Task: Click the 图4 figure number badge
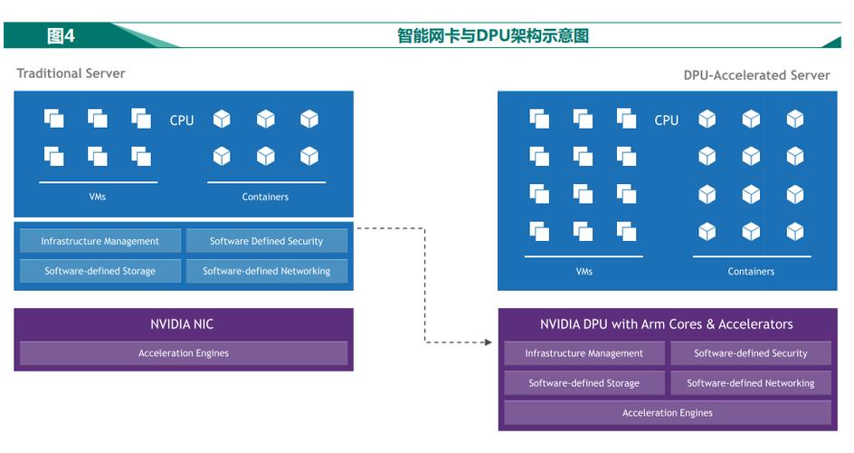pyautogui.click(x=62, y=35)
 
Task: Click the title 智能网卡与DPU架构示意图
pyautogui.click(x=493, y=35)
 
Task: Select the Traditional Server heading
pyautogui.click(x=71, y=73)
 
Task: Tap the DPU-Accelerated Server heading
pyautogui.click(x=756, y=75)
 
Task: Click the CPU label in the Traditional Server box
pyautogui.click(x=182, y=120)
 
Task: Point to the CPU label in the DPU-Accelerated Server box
pyautogui.click(x=667, y=120)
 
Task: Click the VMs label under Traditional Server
pyautogui.click(x=98, y=197)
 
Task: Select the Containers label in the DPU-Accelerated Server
pyautogui.click(x=751, y=271)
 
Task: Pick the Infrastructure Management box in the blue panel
pyautogui.click(x=100, y=241)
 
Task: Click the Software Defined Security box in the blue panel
pyautogui.click(x=266, y=241)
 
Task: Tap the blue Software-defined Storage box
pyautogui.click(x=100, y=271)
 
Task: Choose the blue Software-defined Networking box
pyautogui.click(x=266, y=271)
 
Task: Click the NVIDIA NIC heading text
pyautogui.click(x=183, y=323)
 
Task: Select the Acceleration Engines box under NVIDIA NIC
pyautogui.click(x=184, y=353)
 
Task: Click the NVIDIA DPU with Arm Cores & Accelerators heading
pyautogui.click(x=667, y=323)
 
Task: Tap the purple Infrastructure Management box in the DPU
pyautogui.click(x=584, y=353)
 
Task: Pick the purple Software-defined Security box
pyautogui.click(x=750, y=353)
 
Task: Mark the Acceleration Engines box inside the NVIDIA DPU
pyautogui.click(x=667, y=413)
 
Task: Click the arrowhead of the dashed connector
pyautogui.click(x=489, y=342)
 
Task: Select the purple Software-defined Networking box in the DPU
pyautogui.click(x=750, y=383)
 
